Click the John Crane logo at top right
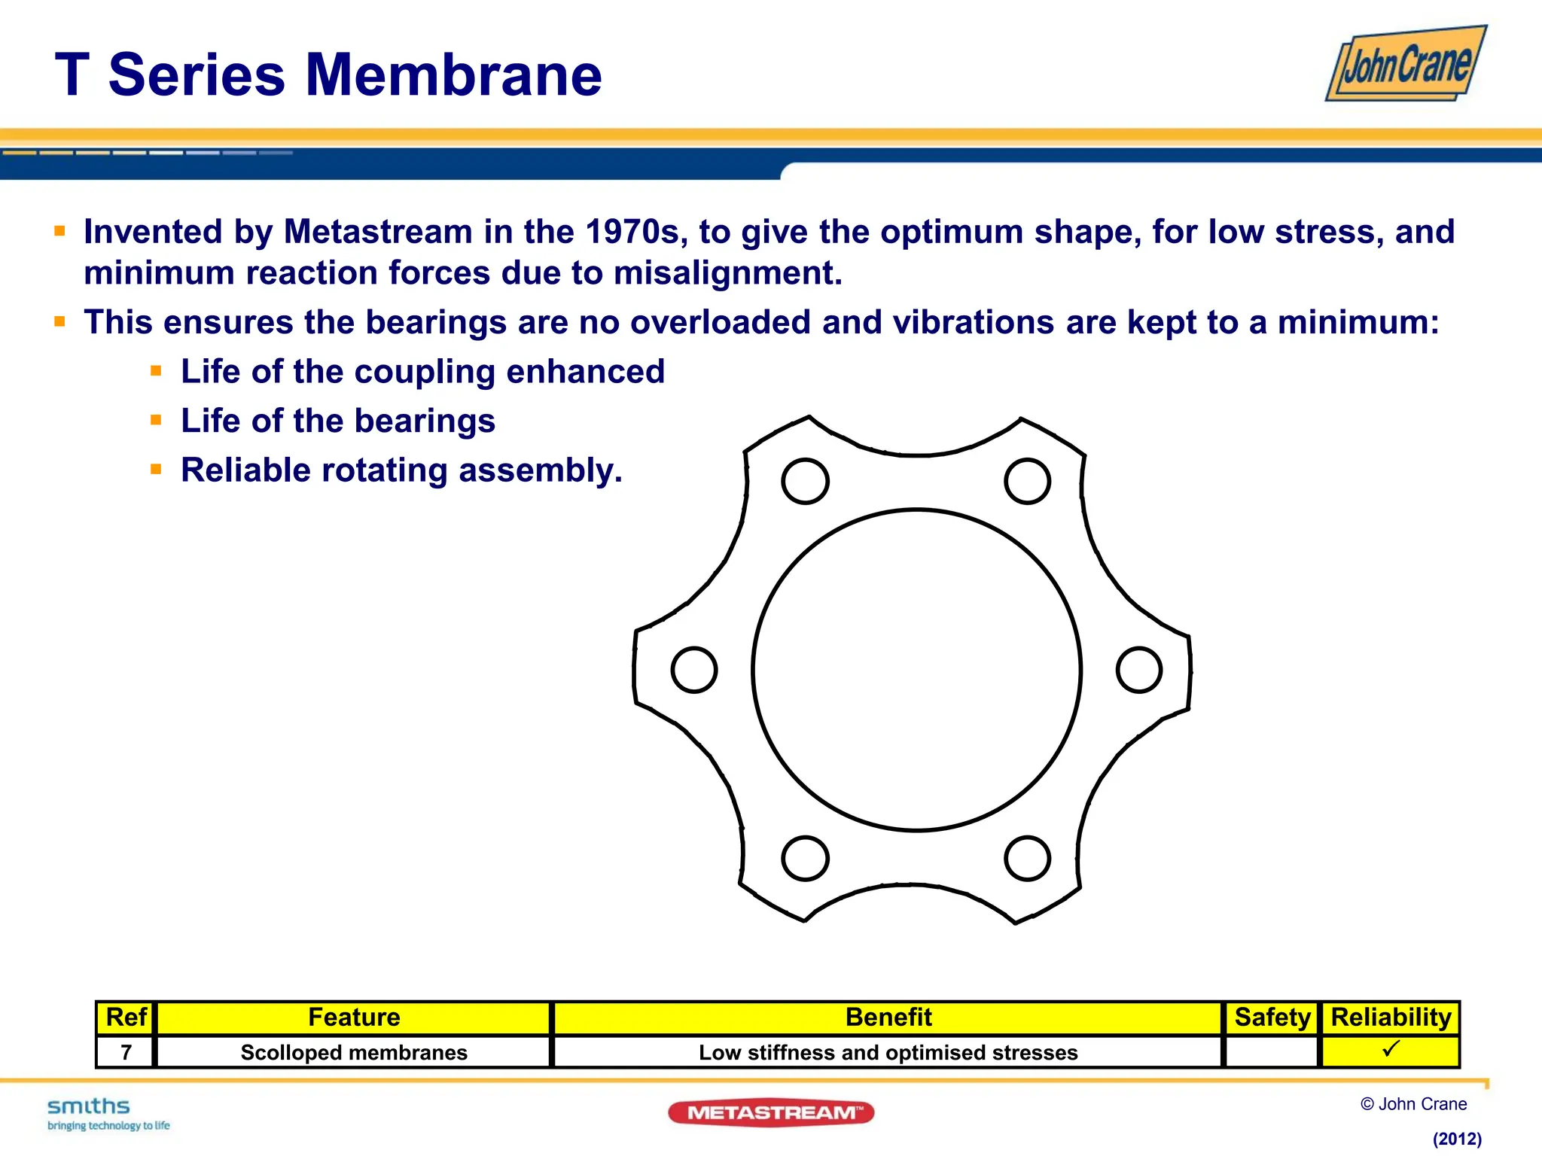[1406, 64]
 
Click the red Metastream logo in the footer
[771, 1112]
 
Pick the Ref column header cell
[126, 1018]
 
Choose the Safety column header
[1272, 1018]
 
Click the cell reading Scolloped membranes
[354, 1052]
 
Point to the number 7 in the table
[126, 1052]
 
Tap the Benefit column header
[888, 1018]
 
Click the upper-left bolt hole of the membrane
[805, 481]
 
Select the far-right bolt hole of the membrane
[1138, 670]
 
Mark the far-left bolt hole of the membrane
[693, 670]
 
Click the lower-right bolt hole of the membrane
[1027, 858]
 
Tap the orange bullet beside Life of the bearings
[156, 420]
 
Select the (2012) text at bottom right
[1456, 1139]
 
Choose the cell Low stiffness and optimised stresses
[888, 1052]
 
